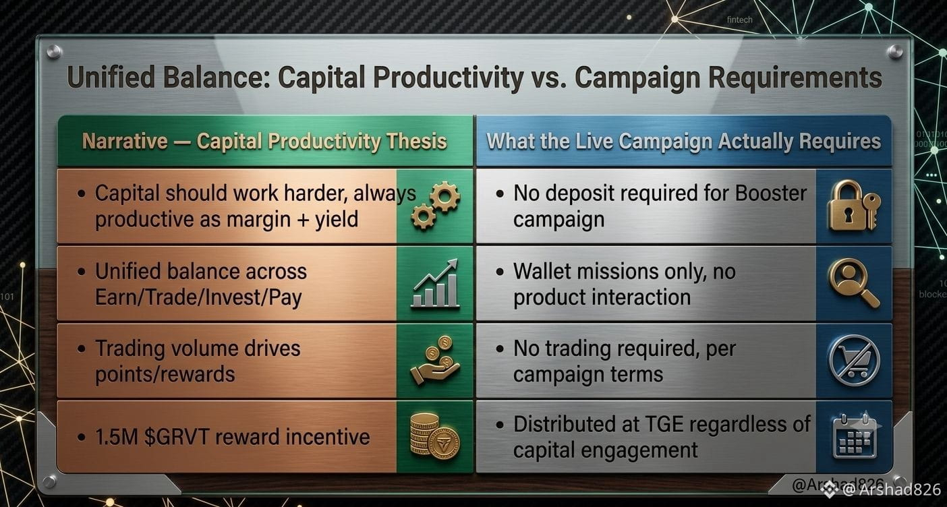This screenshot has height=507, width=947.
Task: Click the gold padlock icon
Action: click(x=853, y=206)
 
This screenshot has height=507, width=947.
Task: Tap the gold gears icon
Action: click(x=436, y=206)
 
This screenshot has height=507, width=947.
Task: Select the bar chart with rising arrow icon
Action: click(x=434, y=283)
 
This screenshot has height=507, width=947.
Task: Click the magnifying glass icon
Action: click(x=853, y=283)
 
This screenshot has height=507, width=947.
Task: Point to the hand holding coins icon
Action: click(x=435, y=361)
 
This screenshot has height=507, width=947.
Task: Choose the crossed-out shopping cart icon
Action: click(x=854, y=361)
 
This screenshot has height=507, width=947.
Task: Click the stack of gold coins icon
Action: click(x=435, y=437)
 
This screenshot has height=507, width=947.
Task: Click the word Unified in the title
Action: click(x=111, y=78)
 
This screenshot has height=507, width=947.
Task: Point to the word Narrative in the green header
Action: click(x=125, y=141)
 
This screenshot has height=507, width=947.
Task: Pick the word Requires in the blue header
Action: click(x=840, y=141)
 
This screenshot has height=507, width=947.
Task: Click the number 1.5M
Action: click(x=117, y=437)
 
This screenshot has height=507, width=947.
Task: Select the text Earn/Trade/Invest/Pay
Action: click(x=198, y=297)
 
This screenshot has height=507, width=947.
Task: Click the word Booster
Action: click(x=771, y=193)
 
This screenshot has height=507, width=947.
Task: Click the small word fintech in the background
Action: click(x=739, y=20)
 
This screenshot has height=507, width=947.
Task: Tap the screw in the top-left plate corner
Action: click(x=54, y=51)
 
